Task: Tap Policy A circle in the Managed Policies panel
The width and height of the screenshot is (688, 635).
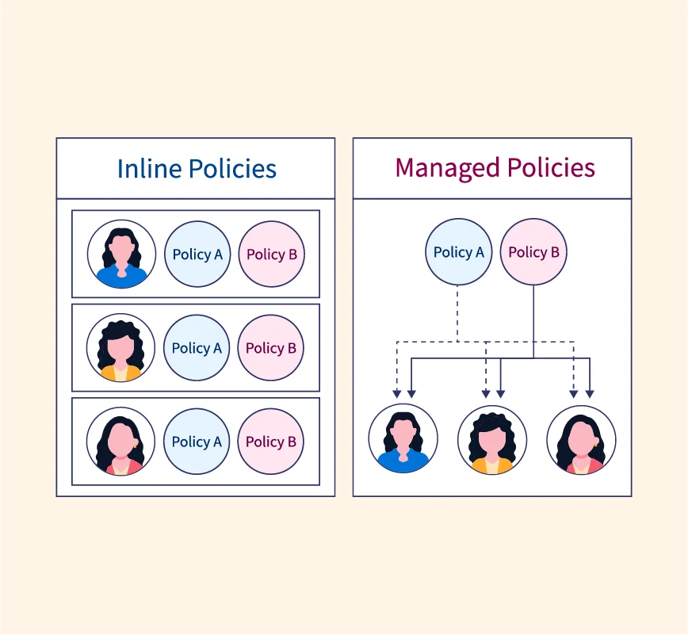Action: [458, 252]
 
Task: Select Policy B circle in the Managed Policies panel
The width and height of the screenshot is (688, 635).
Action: [533, 252]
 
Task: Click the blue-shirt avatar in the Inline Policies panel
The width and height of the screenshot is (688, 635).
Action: [121, 254]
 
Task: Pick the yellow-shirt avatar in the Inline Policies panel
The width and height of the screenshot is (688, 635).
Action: [120, 347]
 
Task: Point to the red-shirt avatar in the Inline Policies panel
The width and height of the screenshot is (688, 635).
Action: [120, 441]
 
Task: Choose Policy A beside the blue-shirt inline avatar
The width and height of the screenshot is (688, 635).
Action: [197, 254]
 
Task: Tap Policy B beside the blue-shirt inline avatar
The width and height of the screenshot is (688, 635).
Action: [272, 254]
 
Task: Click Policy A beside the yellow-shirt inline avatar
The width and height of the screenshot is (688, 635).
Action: [197, 347]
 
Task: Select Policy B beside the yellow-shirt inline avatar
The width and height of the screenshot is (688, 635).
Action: [271, 347]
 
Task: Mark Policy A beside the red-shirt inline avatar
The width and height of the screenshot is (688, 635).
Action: [197, 441]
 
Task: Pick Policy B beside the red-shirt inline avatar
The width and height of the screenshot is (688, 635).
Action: [271, 441]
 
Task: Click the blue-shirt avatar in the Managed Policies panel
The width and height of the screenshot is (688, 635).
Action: [403, 438]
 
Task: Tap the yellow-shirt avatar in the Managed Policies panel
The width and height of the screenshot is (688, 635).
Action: [492, 439]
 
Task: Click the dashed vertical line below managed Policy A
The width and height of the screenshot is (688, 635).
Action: [458, 313]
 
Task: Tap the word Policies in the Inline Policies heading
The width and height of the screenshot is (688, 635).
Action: [229, 169]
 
